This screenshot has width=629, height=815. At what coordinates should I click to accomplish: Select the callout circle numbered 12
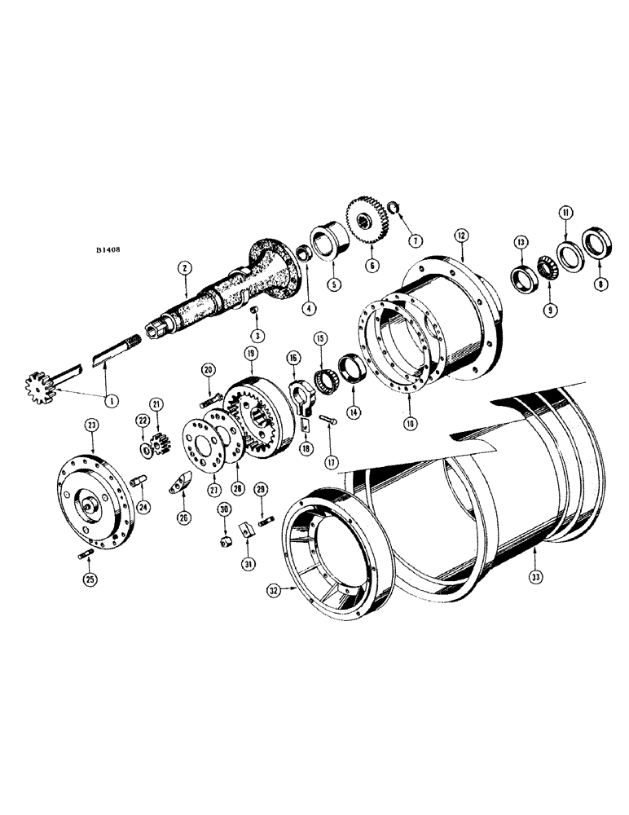click(460, 235)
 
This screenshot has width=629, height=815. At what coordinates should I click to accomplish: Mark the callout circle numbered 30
click(222, 509)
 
